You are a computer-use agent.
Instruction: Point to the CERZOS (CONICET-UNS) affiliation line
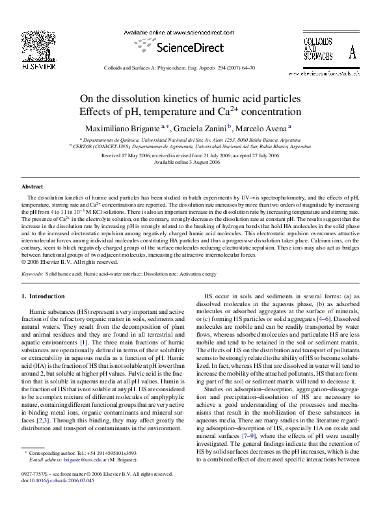tap(195, 147)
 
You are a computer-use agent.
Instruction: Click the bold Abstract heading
tap(33, 187)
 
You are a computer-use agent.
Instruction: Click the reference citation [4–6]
tap(321, 319)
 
